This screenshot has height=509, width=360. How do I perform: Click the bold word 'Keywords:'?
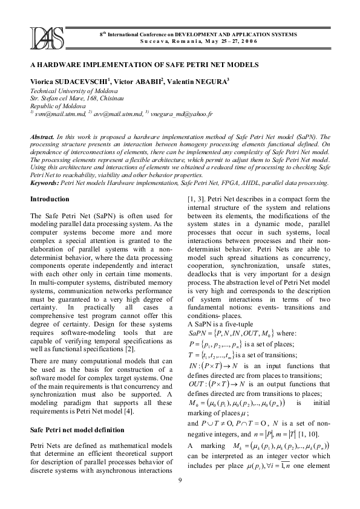pyautogui.click(x=44, y=182)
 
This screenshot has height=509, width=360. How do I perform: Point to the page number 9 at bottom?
pyautogui.click(x=180, y=498)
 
